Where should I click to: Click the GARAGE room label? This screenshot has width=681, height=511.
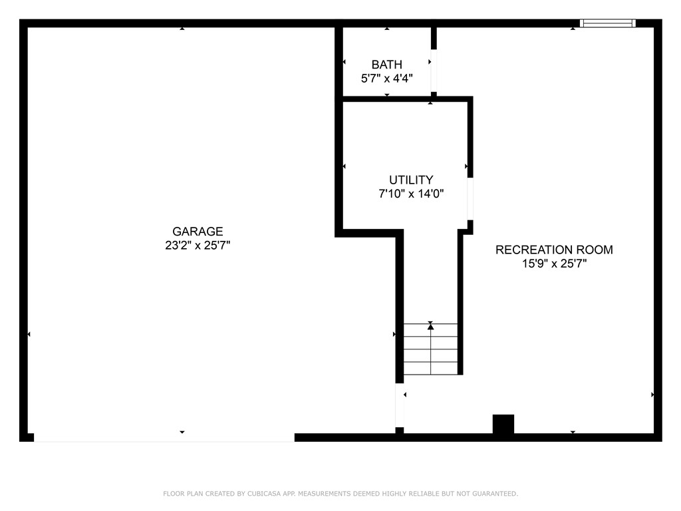point(198,232)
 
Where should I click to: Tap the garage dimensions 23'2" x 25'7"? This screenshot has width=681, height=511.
point(198,246)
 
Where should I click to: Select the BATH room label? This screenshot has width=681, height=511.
point(386,65)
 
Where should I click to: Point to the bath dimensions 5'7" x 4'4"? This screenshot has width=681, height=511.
point(386,79)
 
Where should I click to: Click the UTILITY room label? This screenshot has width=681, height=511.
point(411,180)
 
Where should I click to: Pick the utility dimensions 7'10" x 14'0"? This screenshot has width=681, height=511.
point(411,194)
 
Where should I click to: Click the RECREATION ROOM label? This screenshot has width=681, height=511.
point(554,250)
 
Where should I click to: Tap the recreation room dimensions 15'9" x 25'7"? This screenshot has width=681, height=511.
point(554,263)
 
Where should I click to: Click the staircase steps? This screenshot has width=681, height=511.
point(431,350)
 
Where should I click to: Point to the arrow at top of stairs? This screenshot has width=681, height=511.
point(431,325)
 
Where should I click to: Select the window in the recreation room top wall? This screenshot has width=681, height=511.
point(607,23)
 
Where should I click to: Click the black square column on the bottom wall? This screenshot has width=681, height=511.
point(503,425)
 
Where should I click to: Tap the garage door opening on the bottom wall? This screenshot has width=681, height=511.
point(164,438)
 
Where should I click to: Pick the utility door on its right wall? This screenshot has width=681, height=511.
point(470,198)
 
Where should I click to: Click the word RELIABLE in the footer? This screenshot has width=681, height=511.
point(422,494)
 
